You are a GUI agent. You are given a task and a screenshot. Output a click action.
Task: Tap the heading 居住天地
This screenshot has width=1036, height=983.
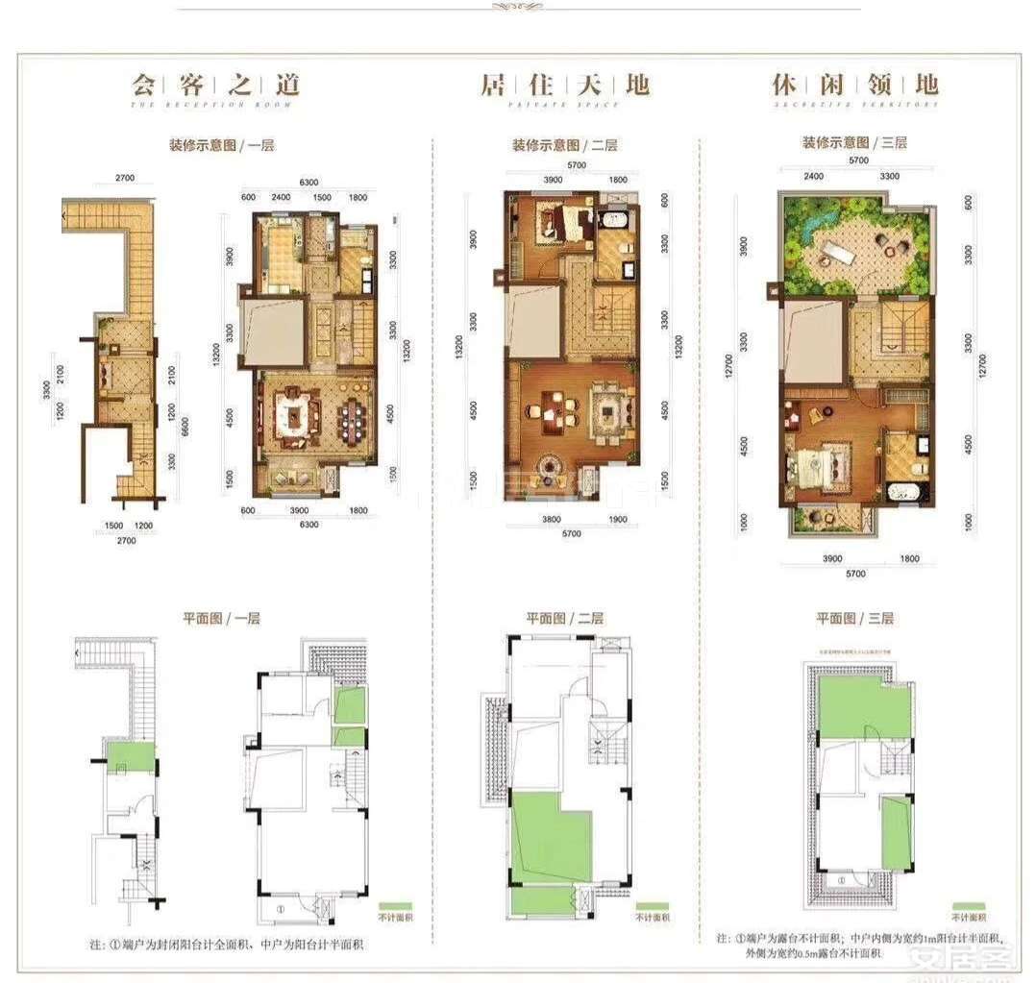point(564,84)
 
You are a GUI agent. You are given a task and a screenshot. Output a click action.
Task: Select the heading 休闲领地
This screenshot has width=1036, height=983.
point(855,84)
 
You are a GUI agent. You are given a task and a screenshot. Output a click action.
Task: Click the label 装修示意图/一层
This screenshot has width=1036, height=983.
point(222,146)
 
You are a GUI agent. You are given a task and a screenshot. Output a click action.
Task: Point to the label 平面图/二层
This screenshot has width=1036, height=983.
point(564,619)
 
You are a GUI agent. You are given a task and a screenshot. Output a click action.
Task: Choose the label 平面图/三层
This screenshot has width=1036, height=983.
point(855,619)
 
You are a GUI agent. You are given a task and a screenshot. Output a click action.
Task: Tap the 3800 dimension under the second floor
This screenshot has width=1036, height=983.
point(544,520)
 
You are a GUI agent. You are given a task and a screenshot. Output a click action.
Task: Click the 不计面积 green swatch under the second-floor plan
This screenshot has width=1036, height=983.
point(652,905)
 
